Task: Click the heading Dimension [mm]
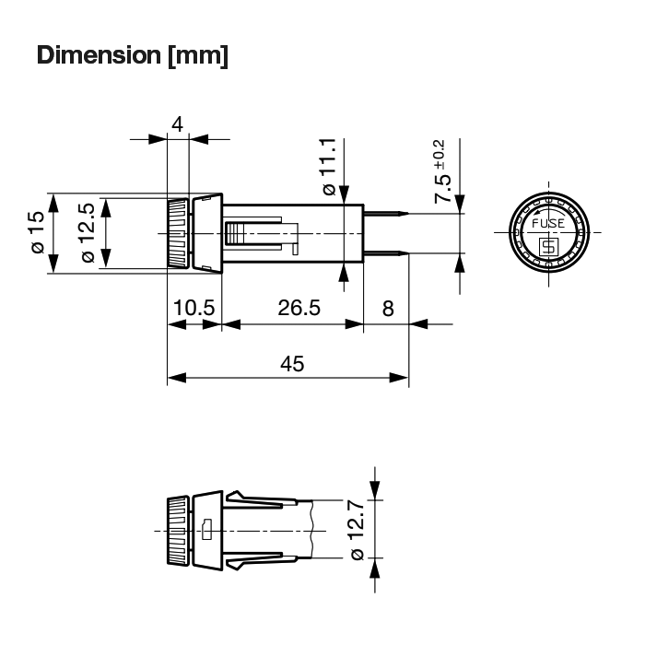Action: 133,55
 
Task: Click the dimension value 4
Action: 177,123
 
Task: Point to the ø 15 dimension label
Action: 38,232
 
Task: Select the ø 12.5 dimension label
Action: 88,233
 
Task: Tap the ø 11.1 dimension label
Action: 330,167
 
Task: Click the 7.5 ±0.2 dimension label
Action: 441,171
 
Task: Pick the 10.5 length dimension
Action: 193,308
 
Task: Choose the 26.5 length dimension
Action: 299,308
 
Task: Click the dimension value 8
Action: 388,309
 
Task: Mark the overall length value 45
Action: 292,364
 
